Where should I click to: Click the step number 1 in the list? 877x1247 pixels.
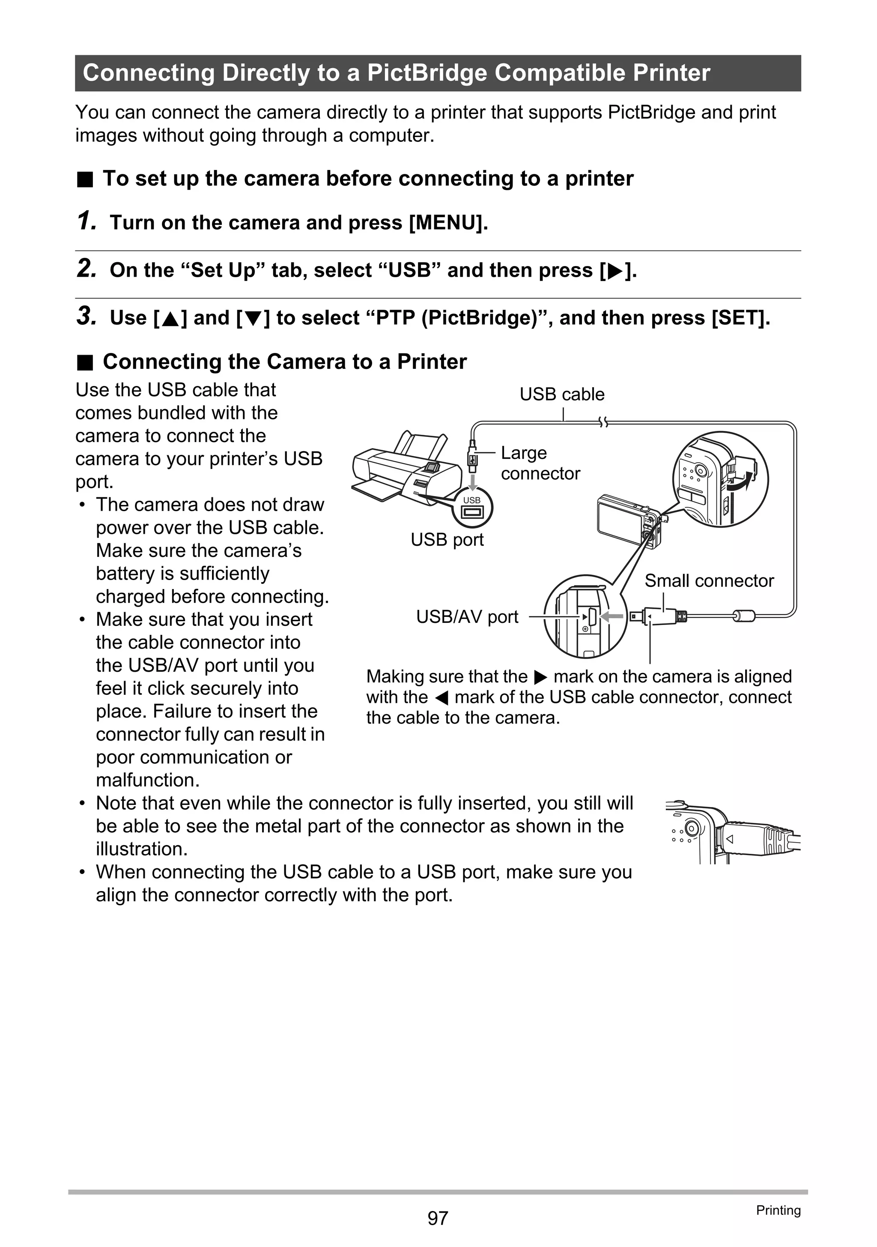tap(85, 221)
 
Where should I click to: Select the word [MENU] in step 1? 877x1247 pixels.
tap(448, 223)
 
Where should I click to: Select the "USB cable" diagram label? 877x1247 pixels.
tap(561, 394)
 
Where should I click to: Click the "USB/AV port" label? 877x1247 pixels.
tap(467, 616)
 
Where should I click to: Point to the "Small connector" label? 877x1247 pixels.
tap(709, 580)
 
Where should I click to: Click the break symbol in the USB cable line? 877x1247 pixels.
tap(603, 422)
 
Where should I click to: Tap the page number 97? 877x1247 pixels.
tap(438, 1218)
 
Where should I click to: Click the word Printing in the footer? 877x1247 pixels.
tap(778, 1210)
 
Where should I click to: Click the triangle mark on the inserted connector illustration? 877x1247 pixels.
tap(730, 839)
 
